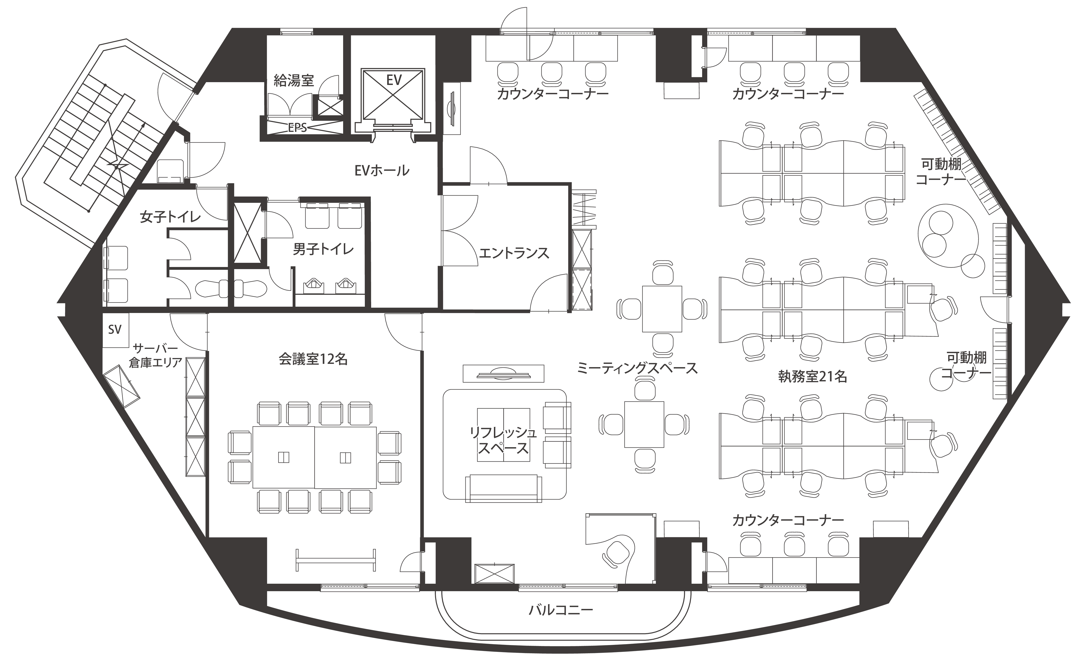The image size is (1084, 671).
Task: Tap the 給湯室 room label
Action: click(294, 80)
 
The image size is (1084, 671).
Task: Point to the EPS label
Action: click(297, 128)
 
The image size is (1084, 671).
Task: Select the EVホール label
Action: click(382, 170)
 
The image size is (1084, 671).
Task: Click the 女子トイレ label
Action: click(170, 217)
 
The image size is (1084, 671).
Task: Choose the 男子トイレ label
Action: click(323, 249)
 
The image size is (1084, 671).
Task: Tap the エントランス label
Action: click(514, 253)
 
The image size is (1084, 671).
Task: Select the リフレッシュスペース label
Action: click(503, 440)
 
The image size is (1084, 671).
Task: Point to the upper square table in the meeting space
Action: click(662, 309)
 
